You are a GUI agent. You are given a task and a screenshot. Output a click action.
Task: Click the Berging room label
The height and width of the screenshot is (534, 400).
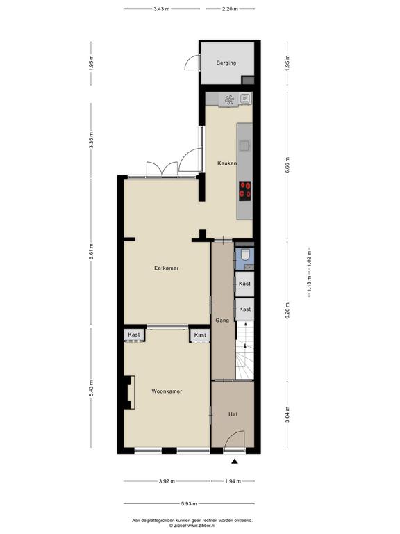point(226,63)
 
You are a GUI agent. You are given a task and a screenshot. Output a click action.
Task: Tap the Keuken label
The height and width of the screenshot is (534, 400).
point(227,163)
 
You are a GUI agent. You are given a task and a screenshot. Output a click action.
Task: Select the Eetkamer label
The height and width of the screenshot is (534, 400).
point(167,268)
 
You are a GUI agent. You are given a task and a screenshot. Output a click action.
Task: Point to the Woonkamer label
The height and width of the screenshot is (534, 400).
point(167,391)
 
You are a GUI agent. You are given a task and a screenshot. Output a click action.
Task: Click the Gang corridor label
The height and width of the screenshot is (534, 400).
point(222,321)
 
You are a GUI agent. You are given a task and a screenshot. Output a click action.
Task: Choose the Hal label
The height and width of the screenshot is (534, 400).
point(233,414)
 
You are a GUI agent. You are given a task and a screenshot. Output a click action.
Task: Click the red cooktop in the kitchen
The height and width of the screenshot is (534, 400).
point(245,191)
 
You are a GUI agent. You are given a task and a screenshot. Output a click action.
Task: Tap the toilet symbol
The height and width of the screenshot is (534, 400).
point(245,254)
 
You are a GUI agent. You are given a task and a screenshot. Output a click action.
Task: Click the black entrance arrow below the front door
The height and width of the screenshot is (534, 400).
point(234,462)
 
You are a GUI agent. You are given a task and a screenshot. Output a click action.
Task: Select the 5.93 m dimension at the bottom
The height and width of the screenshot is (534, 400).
point(189,503)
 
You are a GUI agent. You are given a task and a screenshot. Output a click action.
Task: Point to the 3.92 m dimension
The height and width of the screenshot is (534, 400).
point(167,481)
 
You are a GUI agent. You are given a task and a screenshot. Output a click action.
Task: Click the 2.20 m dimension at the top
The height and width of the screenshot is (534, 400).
point(230,9)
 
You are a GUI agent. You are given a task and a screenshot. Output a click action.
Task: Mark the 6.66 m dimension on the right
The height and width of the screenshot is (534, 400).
point(287,165)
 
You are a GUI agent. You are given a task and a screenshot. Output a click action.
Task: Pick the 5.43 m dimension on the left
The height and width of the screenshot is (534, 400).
point(91,388)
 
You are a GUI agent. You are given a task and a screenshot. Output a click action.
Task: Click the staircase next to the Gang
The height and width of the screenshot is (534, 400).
point(245,350)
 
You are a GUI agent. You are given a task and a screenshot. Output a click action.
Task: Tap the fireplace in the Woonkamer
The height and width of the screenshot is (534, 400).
point(129,392)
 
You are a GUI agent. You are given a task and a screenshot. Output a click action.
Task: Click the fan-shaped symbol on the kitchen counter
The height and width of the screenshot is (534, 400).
point(230,100)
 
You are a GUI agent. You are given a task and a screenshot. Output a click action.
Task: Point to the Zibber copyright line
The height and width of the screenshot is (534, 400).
point(192,526)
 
